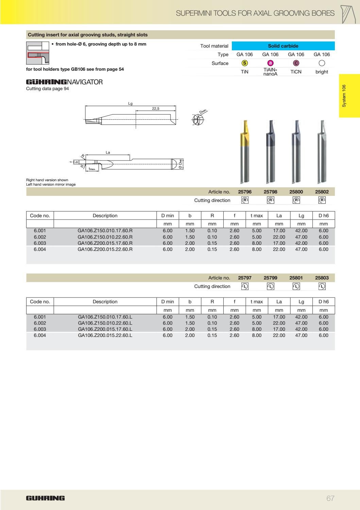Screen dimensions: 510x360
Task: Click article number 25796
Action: pos(245,192)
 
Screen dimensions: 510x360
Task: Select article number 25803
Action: pos(322,278)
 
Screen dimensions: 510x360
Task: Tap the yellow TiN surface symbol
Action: pos(244,63)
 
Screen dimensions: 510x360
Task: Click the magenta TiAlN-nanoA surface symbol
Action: pos(270,63)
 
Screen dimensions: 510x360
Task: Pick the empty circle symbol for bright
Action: pos(322,63)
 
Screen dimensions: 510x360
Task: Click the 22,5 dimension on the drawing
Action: pos(156,108)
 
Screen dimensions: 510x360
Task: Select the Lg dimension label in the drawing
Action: pos(130,104)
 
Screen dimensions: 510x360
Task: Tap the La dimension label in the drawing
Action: pos(108,153)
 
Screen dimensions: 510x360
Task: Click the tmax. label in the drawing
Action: pos(92,169)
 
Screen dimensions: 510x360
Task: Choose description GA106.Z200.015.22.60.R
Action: pos(105,249)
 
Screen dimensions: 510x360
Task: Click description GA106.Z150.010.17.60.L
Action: pos(105,317)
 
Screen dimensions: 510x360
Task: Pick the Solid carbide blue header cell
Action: pos(283,46)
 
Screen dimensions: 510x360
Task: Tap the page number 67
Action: pos(330,498)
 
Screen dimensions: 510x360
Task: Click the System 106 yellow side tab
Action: pos(349,96)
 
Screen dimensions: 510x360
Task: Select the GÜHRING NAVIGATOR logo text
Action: pos(64,82)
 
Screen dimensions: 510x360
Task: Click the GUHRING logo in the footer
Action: pos(45,498)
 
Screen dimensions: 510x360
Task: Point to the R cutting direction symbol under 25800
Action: pos(296,200)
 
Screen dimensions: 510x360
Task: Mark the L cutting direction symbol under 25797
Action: pos(245,286)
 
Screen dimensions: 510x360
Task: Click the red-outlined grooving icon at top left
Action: pos(37,53)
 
